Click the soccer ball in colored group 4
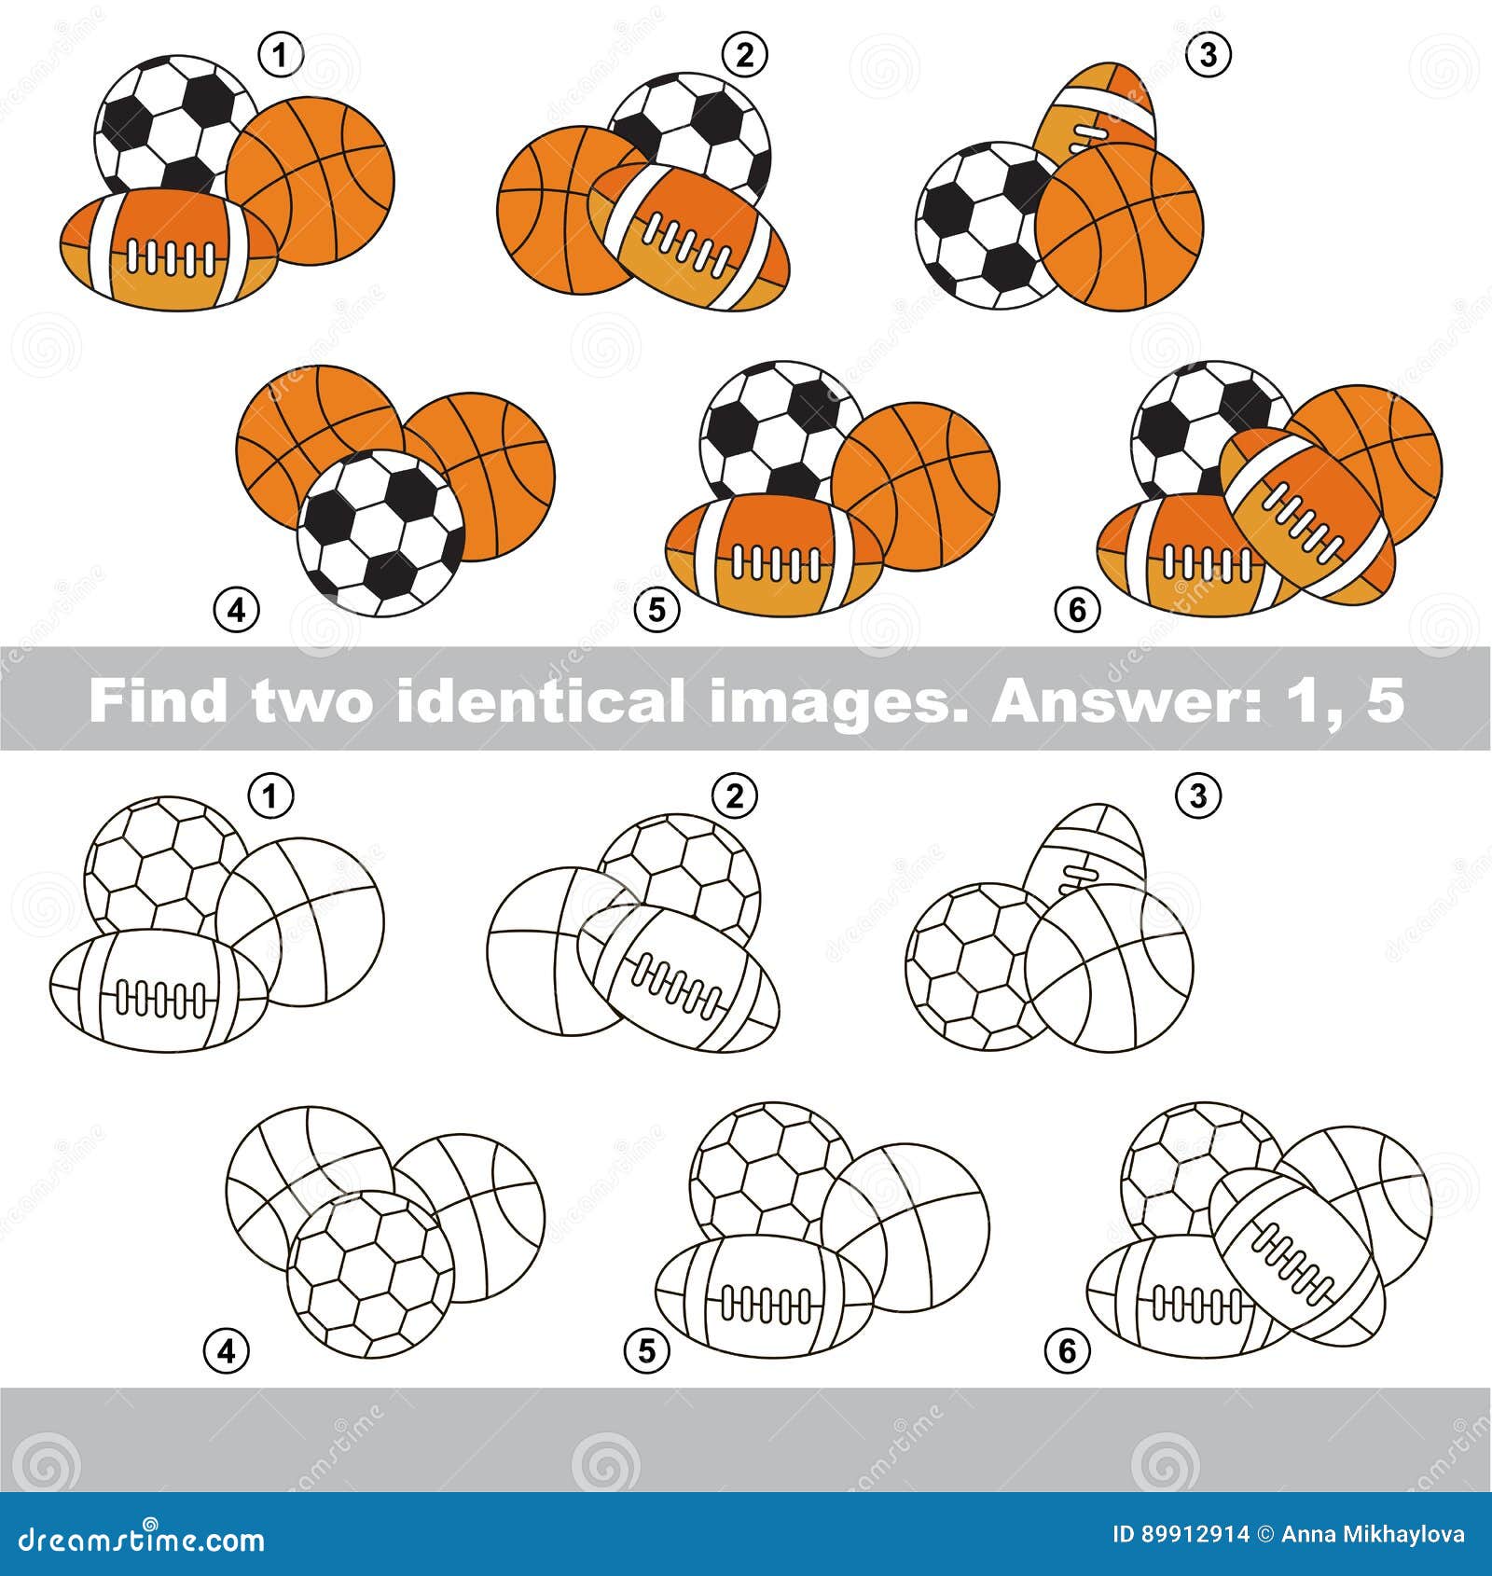click(380, 533)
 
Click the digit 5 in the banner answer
click(1387, 699)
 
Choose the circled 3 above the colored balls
click(1209, 56)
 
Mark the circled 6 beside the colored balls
click(1077, 611)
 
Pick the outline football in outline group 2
click(679, 977)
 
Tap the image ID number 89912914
click(1196, 1534)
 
